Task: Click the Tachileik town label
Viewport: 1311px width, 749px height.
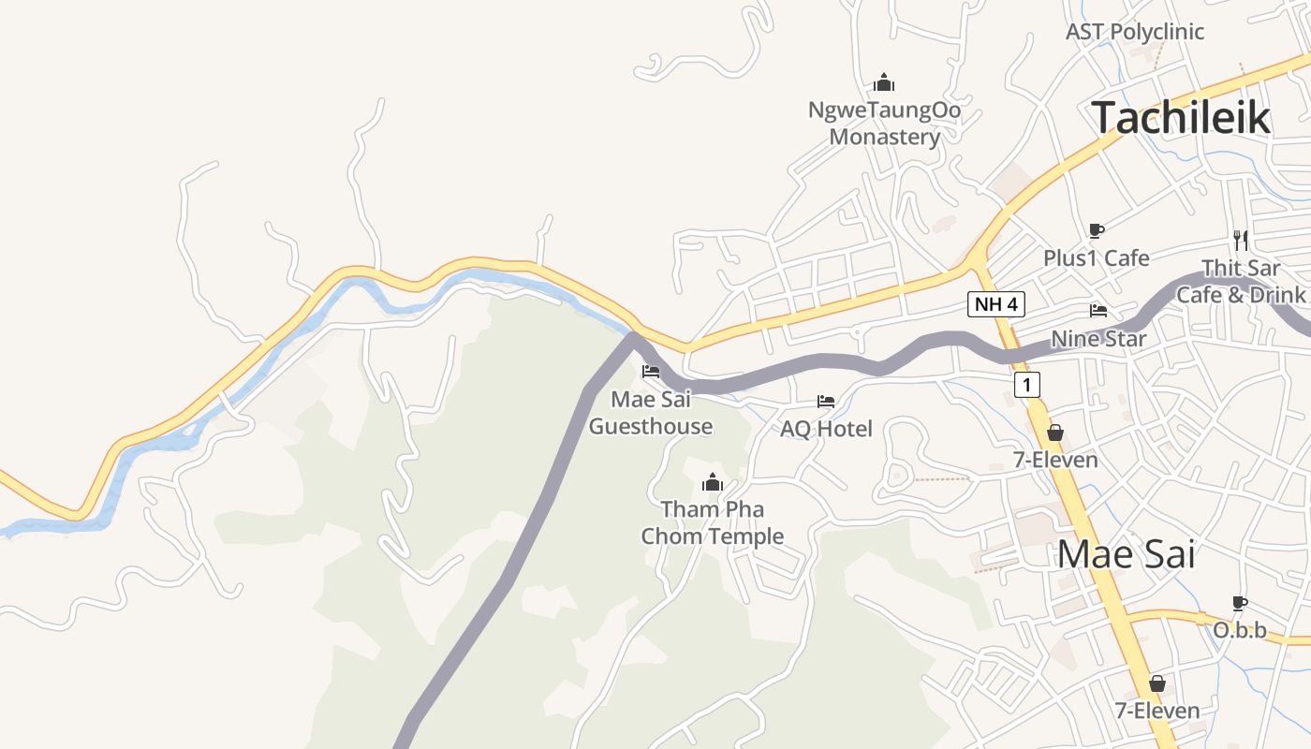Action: click(1181, 118)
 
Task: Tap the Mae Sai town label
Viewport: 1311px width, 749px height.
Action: click(1127, 554)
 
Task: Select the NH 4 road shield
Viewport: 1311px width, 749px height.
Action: click(996, 304)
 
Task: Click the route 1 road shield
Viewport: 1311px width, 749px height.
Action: click(1027, 385)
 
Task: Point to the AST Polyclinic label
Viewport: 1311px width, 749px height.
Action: click(1135, 32)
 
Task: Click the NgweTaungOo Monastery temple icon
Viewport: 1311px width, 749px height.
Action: click(884, 83)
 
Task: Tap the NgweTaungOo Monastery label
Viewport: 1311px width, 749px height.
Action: click(884, 124)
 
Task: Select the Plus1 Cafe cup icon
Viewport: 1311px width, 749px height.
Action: click(1097, 230)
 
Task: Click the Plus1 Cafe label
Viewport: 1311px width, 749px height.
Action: click(1097, 257)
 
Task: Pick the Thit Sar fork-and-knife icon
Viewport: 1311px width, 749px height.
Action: click(1241, 240)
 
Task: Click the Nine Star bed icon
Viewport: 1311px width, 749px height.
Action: click(1098, 311)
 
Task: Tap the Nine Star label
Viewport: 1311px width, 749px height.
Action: click(1098, 338)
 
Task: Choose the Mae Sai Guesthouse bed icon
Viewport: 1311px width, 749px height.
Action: click(651, 372)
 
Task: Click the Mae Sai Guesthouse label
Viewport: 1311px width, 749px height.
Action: click(651, 413)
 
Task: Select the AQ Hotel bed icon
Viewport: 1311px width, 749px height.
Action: click(826, 402)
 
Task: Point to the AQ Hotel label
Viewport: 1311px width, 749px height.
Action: click(826, 429)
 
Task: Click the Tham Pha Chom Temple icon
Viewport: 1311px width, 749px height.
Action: click(713, 483)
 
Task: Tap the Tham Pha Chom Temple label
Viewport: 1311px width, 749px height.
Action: click(713, 522)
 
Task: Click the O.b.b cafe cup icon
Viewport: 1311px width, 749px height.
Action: click(1240, 603)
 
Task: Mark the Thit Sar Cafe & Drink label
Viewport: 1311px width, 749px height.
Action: click(1241, 282)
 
